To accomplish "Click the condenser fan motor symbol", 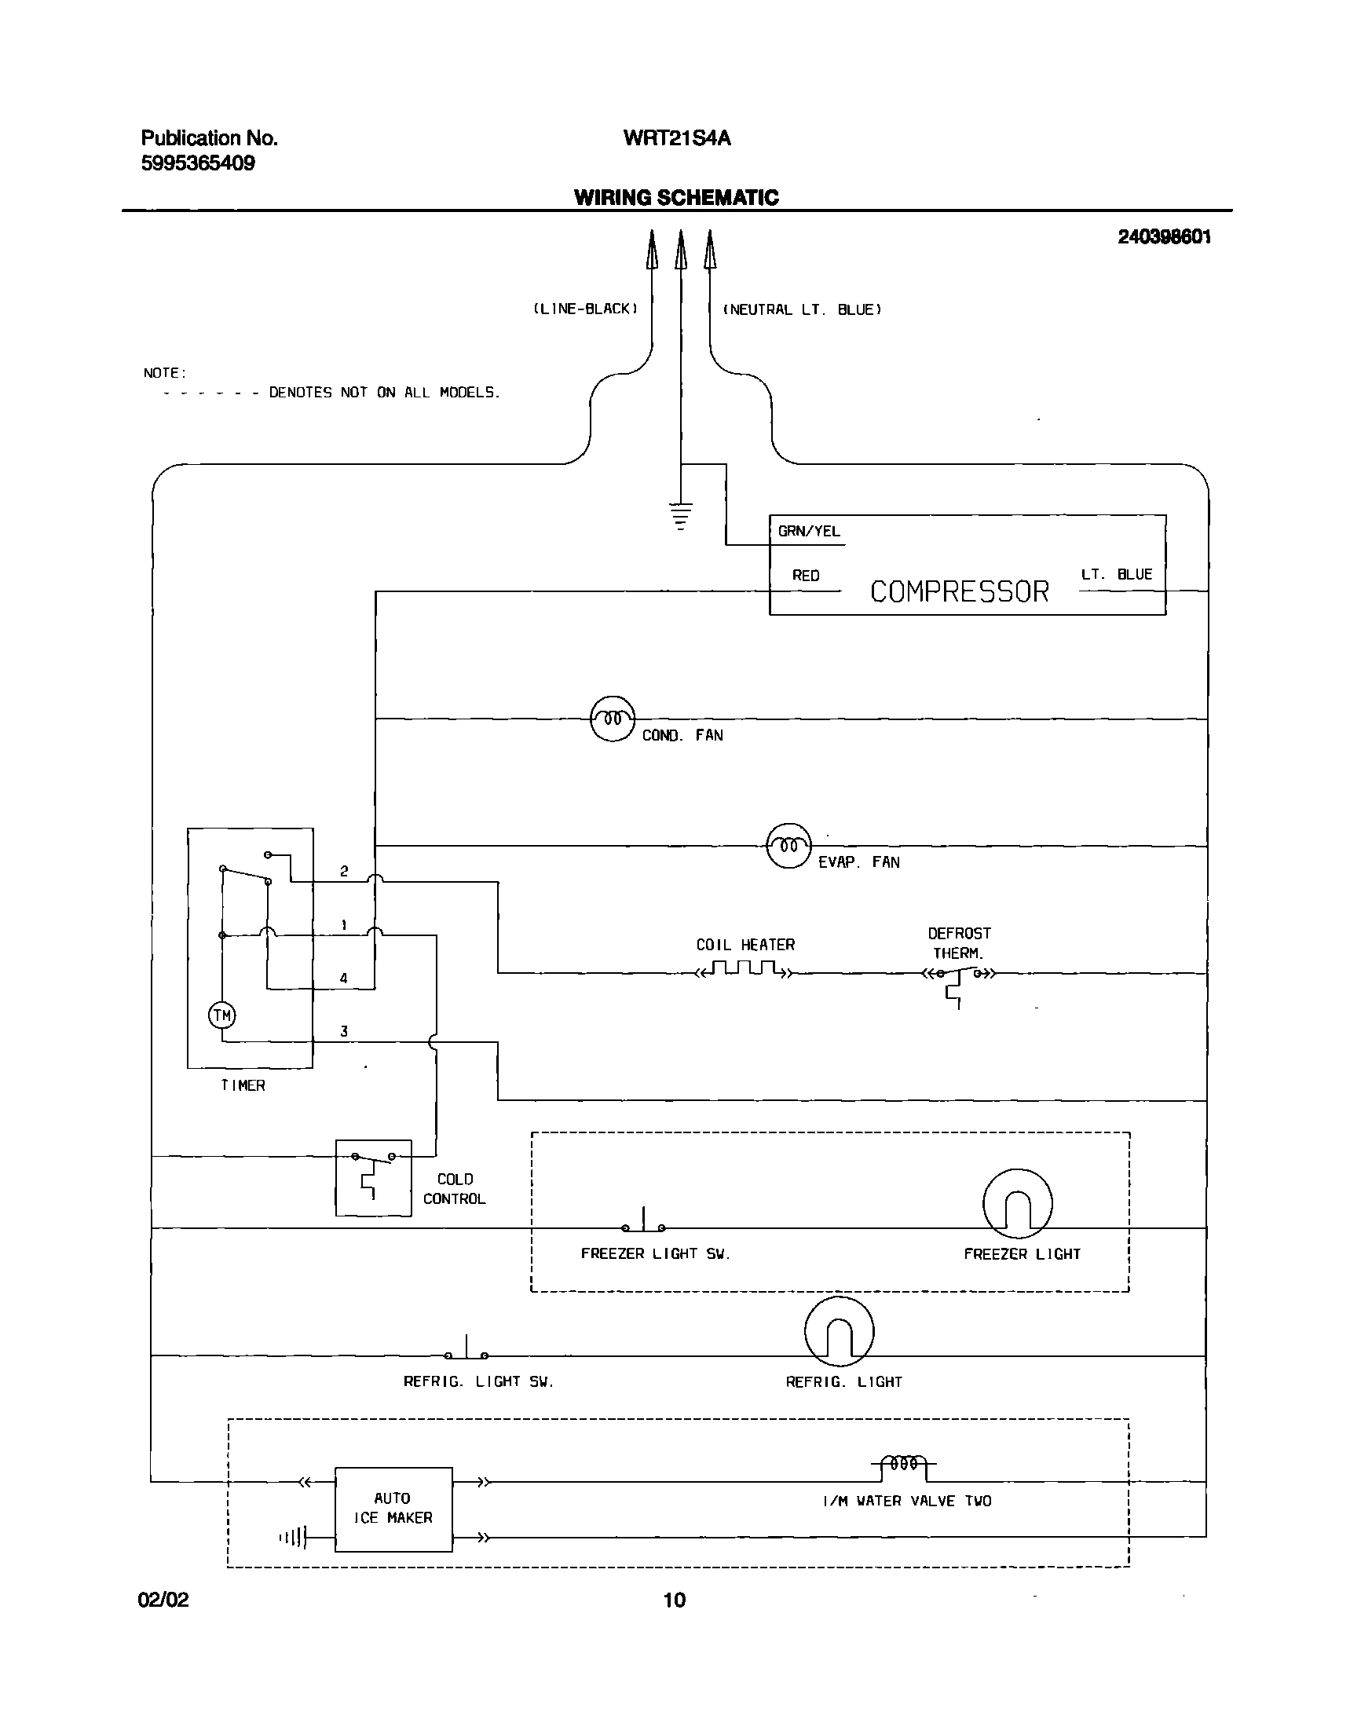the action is tap(613, 719).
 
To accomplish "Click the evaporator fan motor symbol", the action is tap(788, 846).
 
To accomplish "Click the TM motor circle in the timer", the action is tap(222, 1015).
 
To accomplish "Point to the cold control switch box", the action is tap(373, 1178).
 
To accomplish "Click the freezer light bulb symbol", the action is tap(1017, 1204).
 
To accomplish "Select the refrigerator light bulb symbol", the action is tap(839, 1332).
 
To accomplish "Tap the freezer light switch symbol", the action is tap(643, 1224).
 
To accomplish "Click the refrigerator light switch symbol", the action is tap(466, 1352).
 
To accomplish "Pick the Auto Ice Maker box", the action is tap(393, 1509).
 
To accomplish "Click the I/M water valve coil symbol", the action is tap(903, 1464).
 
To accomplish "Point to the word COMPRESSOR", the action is tap(959, 592).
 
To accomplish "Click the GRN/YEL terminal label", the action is tap(809, 531).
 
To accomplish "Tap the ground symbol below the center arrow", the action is tap(680, 515).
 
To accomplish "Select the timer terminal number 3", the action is tap(344, 1031).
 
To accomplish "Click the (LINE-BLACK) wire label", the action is tap(586, 309).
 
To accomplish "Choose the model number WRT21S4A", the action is tap(677, 138).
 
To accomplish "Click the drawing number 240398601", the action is tap(1163, 237).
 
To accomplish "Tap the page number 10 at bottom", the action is tap(674, 1600).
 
